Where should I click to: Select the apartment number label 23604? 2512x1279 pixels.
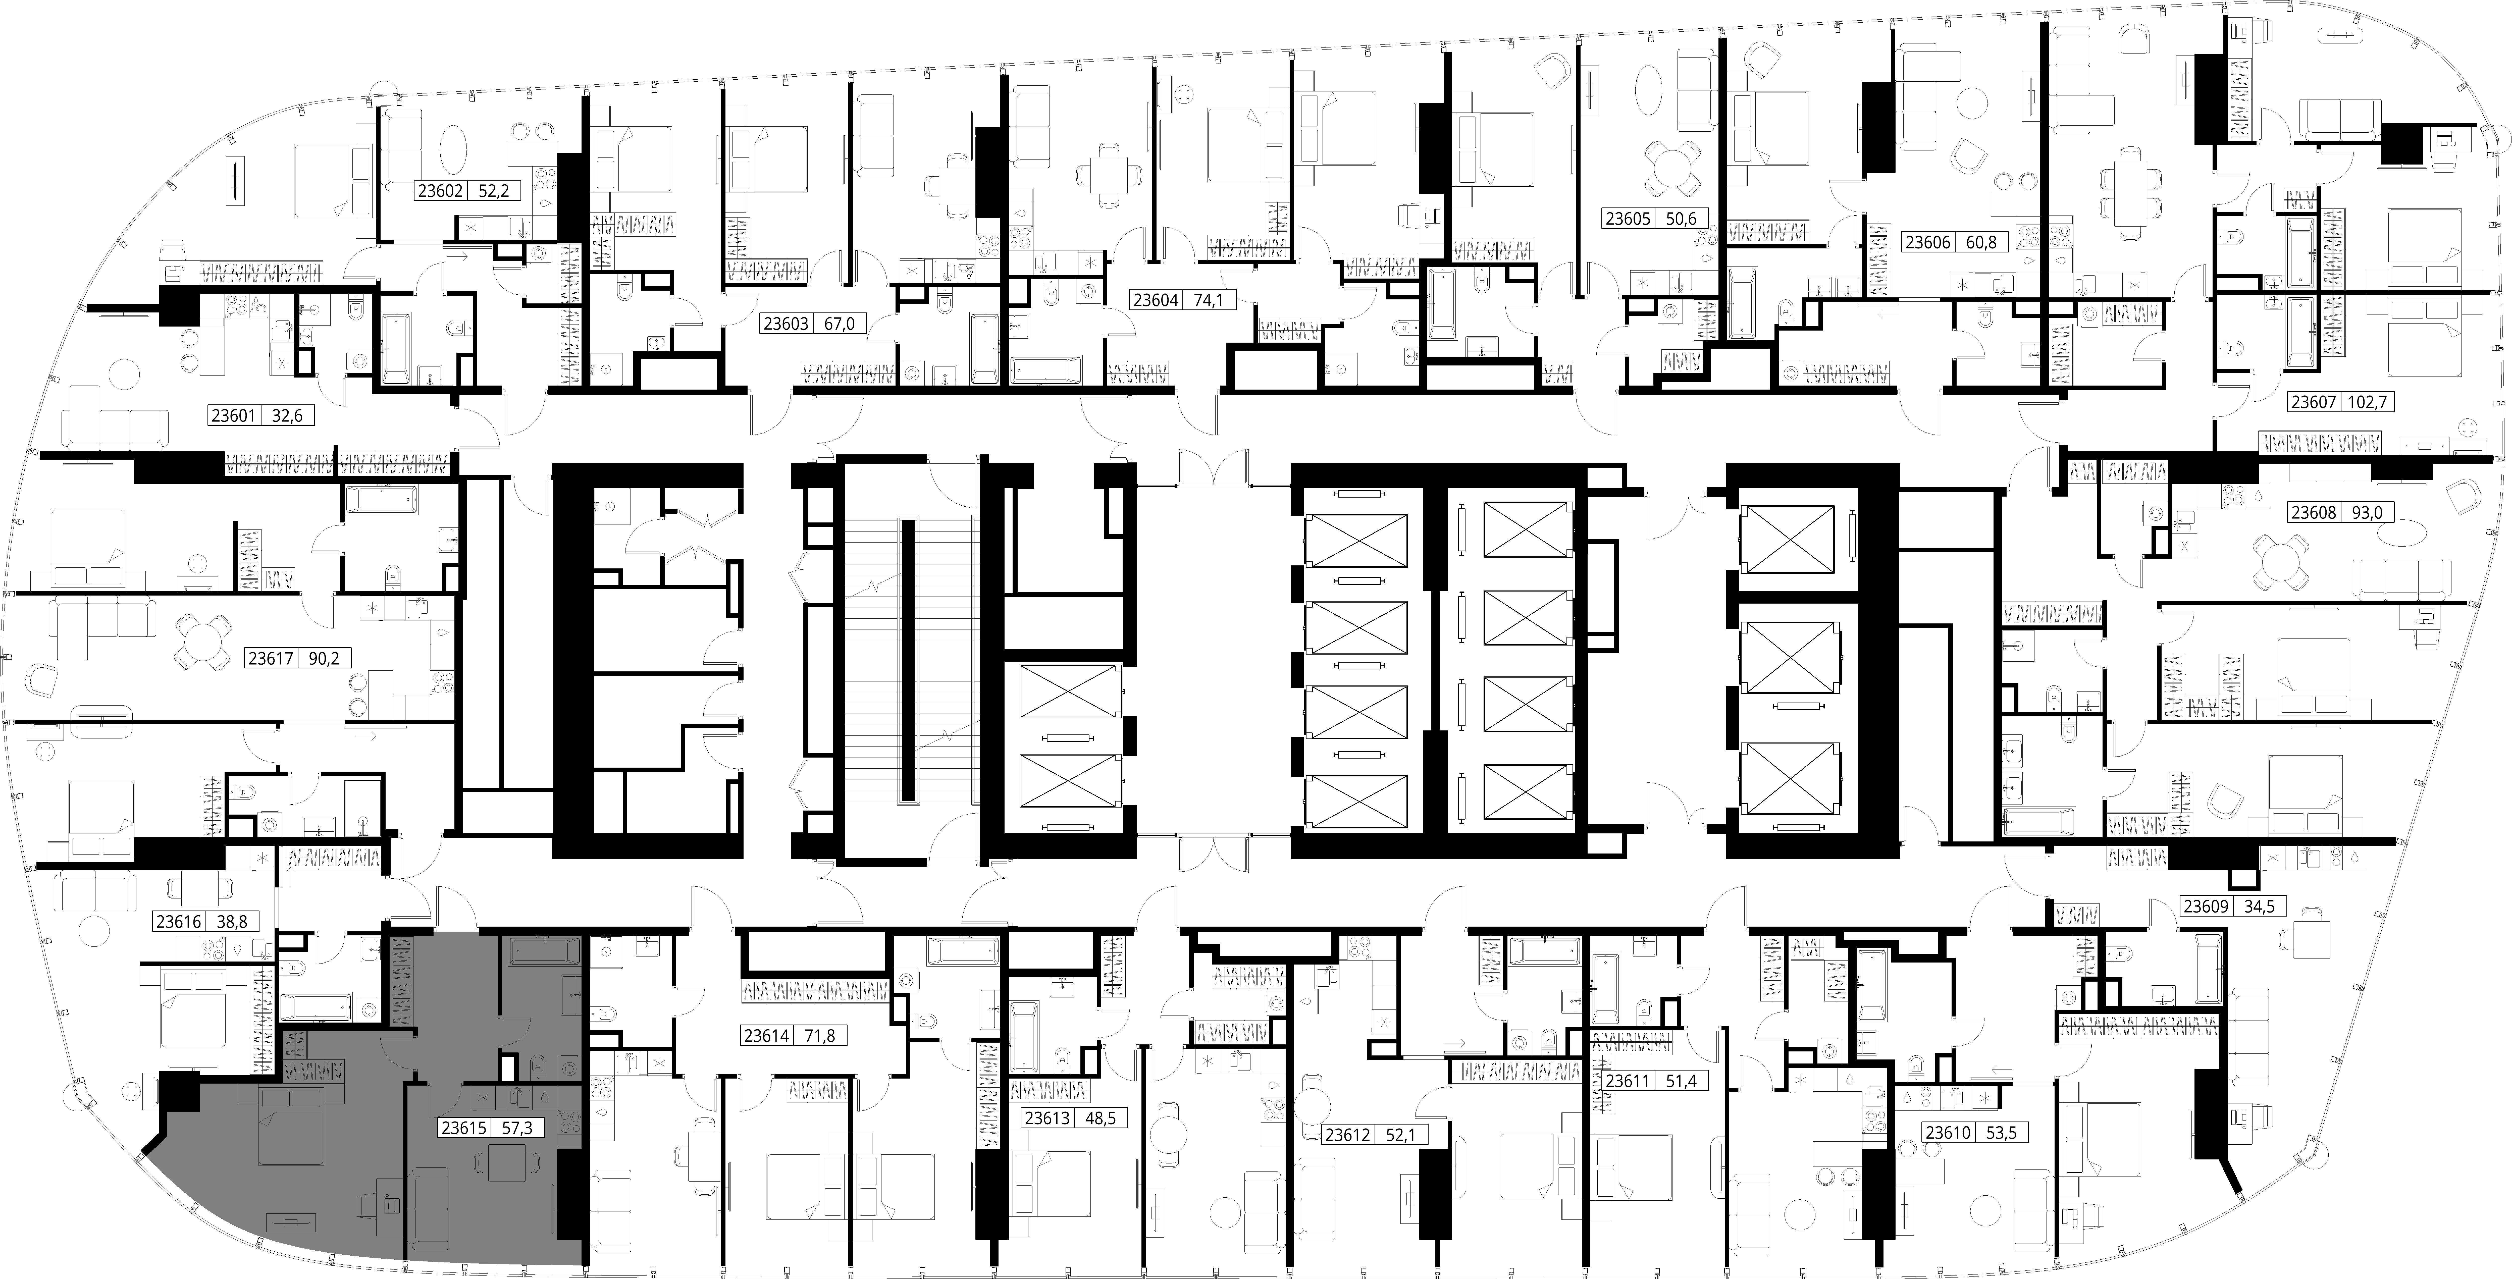tap(1156, 299)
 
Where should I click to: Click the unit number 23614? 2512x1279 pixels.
tap(766, 1036)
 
